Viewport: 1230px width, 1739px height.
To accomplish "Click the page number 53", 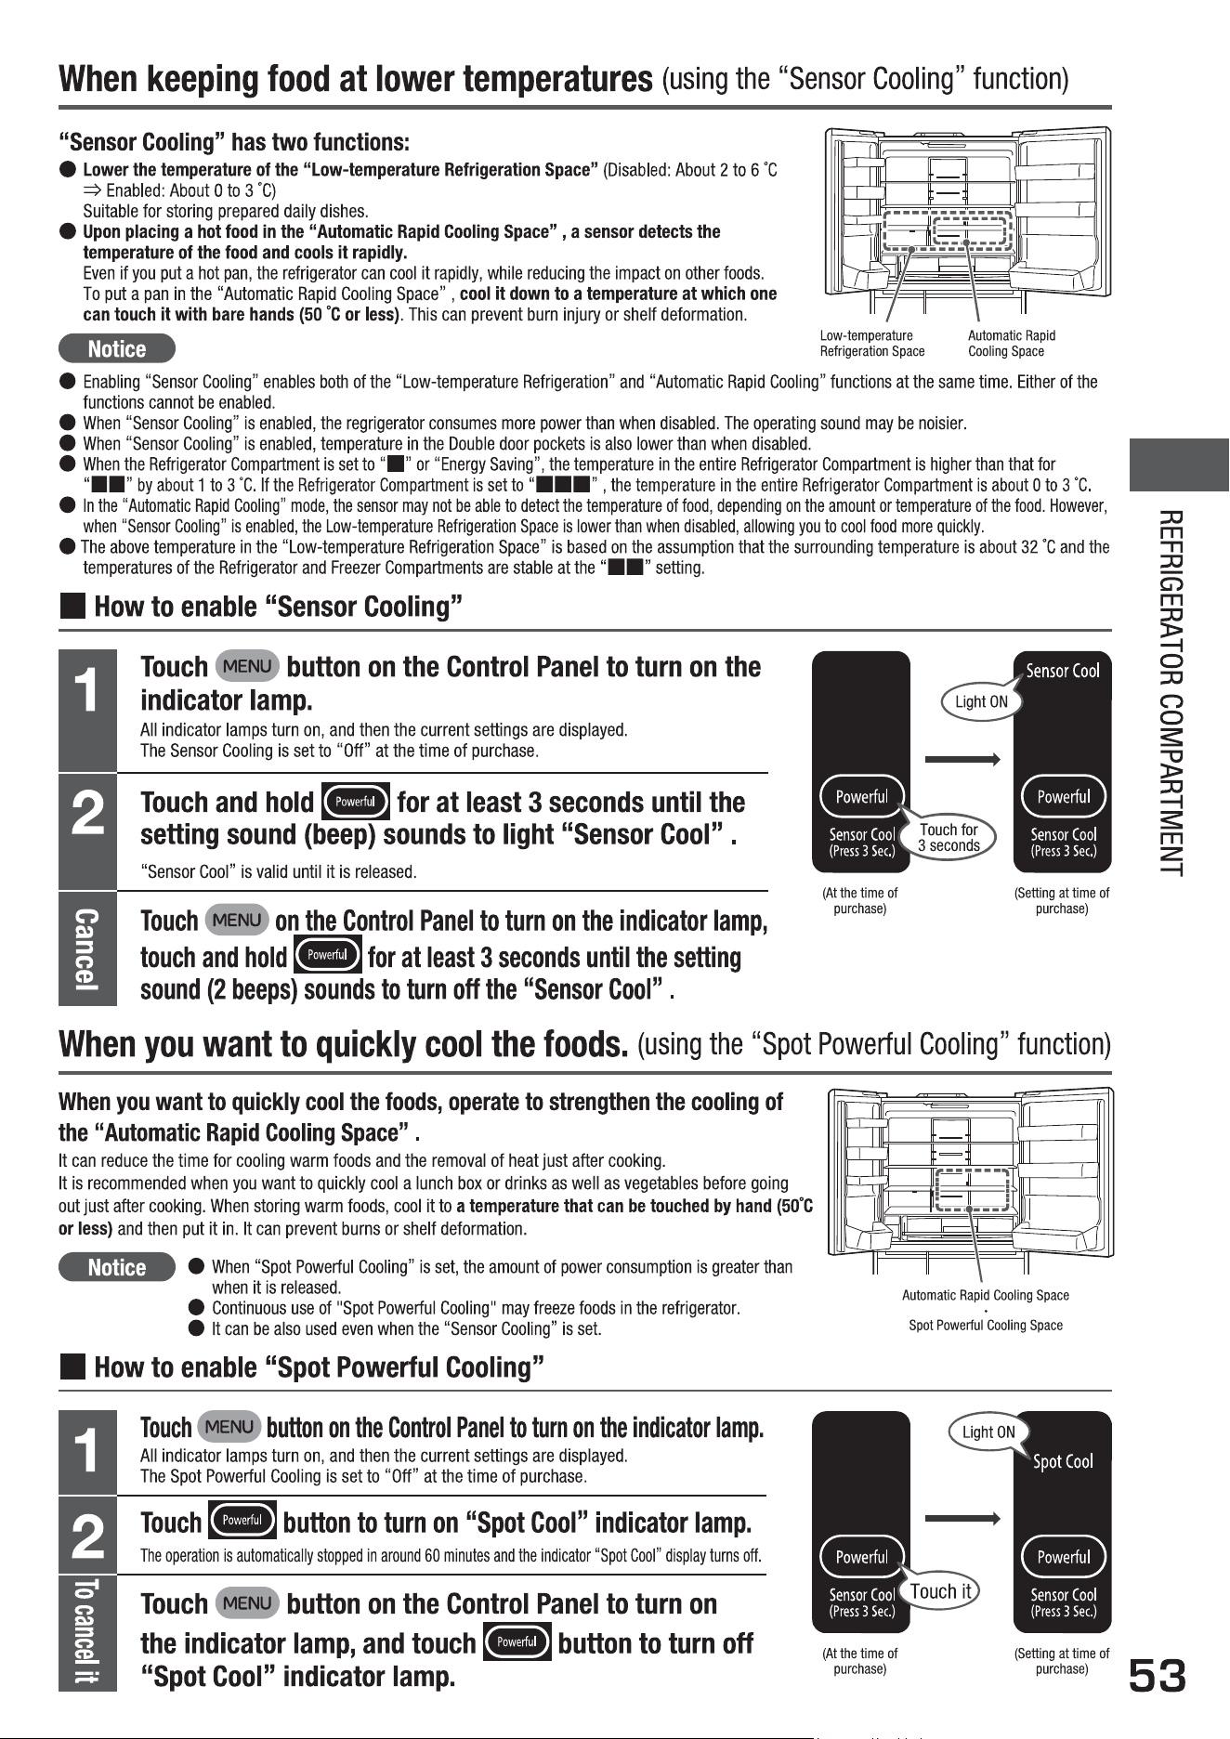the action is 1158,1677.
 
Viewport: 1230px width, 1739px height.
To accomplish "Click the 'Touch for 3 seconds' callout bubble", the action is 949,838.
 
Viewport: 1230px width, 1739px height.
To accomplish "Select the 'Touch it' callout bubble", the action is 940,1591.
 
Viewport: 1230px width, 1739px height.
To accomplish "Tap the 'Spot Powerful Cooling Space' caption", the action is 985,1325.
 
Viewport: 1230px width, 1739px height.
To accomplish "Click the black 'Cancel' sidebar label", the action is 87,948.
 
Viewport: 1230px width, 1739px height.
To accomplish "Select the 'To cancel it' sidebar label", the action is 87,1632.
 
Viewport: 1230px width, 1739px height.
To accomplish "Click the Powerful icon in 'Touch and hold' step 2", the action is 354,802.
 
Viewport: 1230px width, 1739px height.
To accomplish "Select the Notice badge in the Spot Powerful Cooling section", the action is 117,1267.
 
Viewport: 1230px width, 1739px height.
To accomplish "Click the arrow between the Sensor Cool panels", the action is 962,759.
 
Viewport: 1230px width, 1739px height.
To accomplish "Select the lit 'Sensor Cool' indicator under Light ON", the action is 1063,671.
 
